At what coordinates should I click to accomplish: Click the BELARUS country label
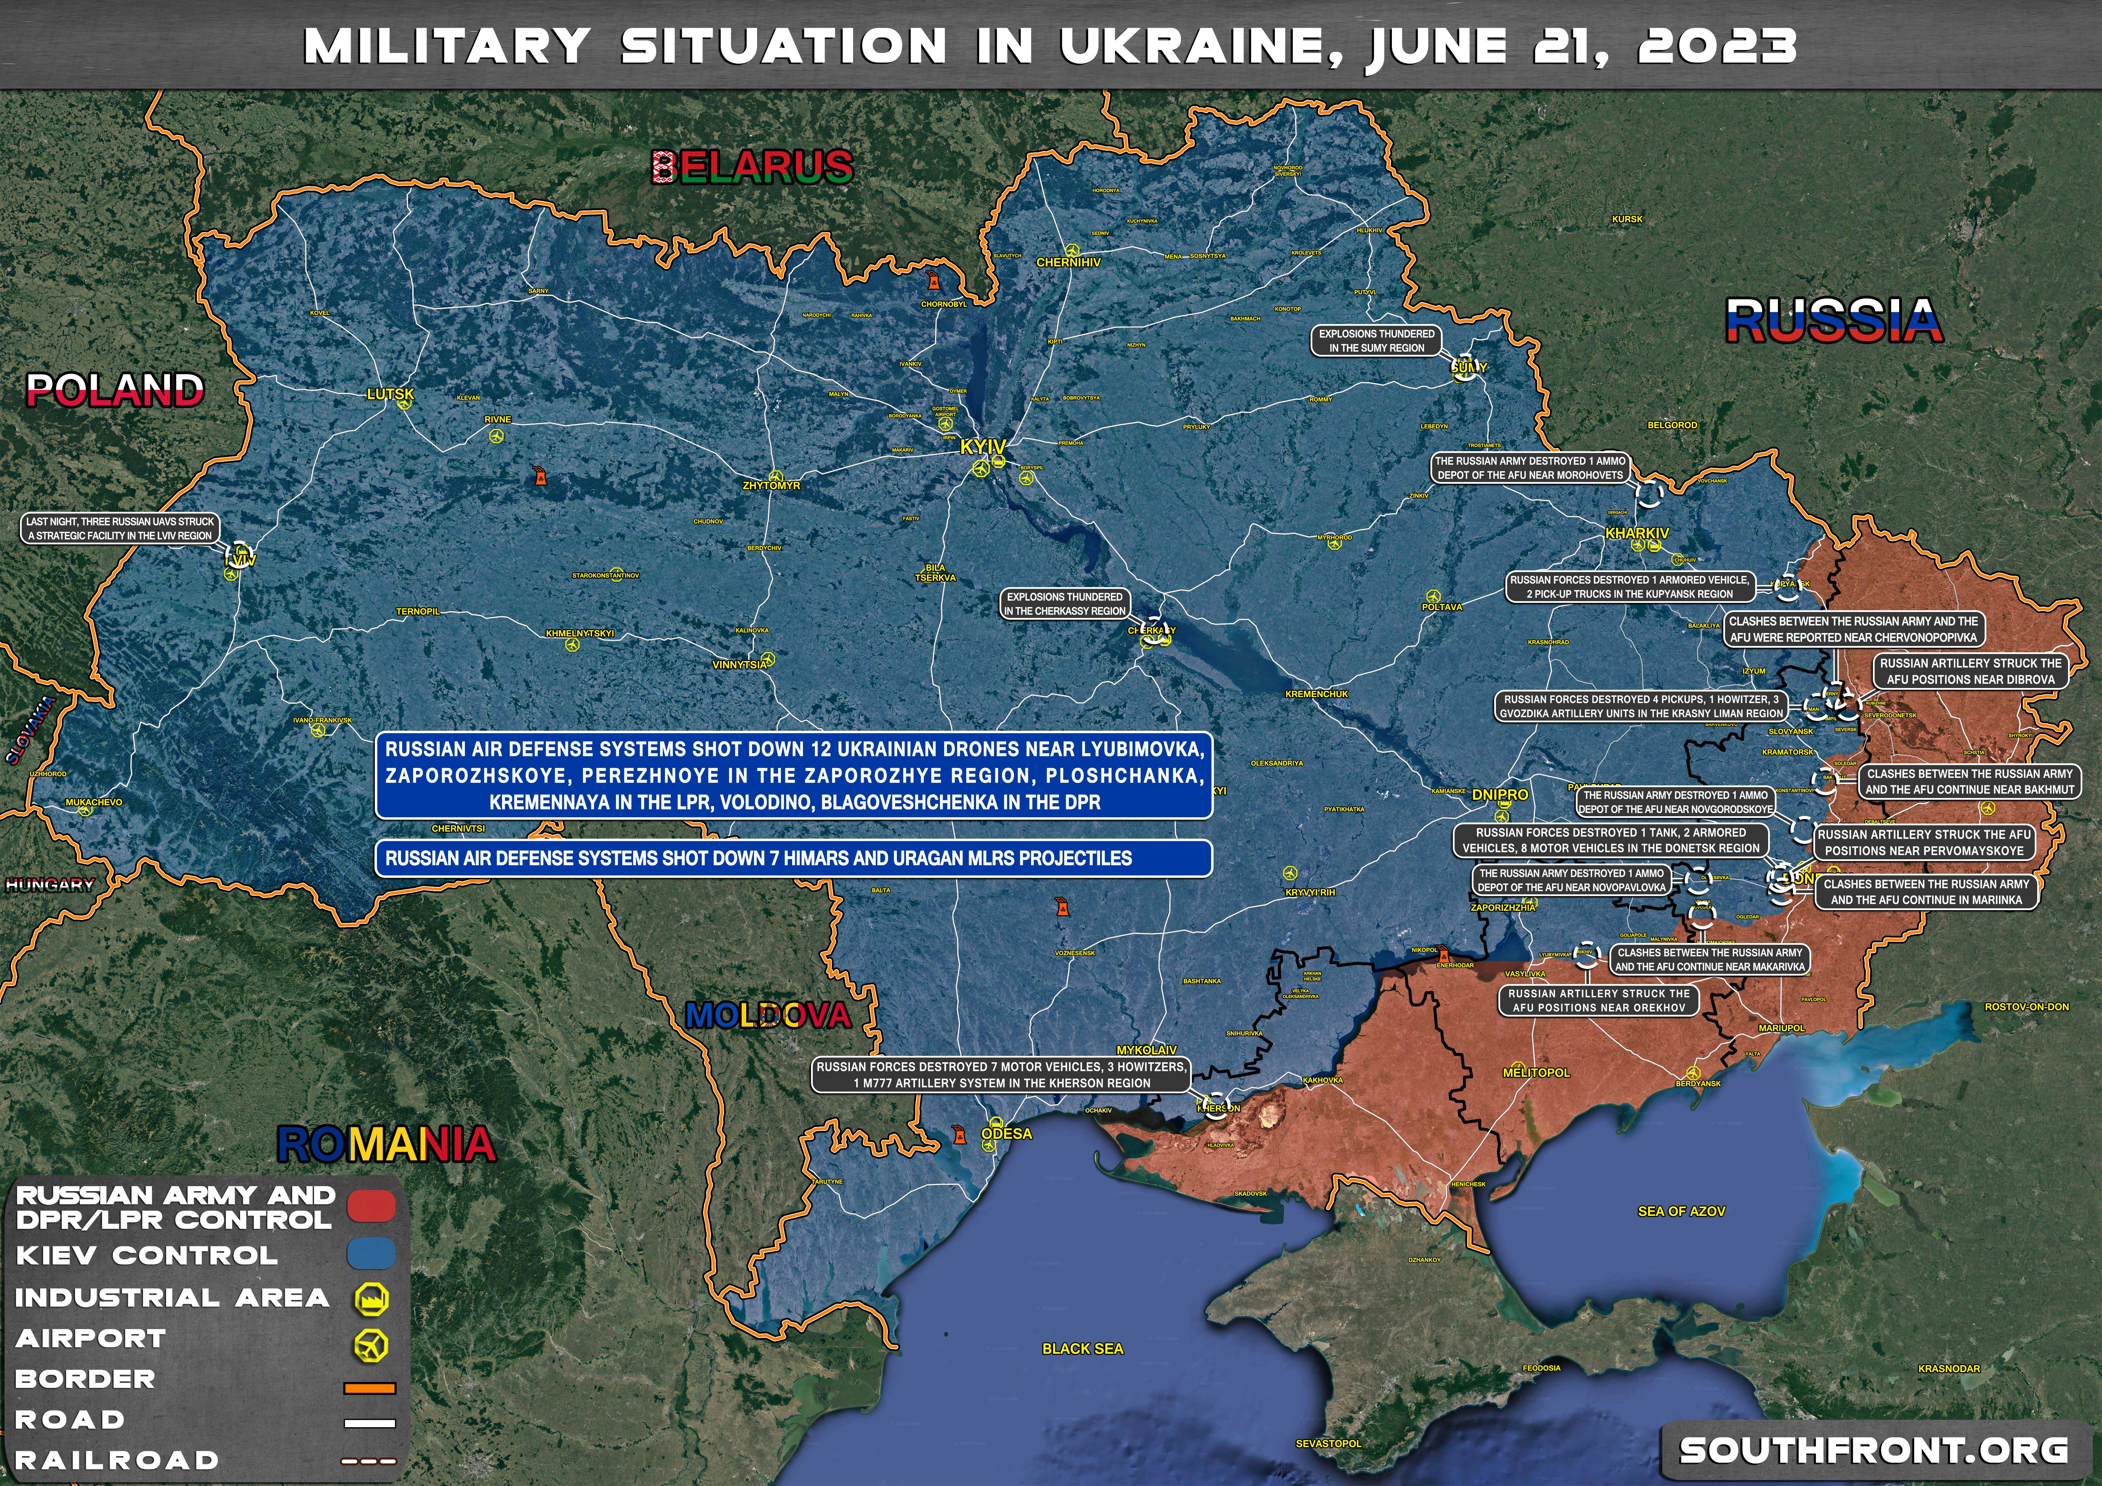(x=753, y=167)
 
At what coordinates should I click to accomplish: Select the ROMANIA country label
(x=386, y=1144)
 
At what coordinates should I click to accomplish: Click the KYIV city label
(x=982, y=447)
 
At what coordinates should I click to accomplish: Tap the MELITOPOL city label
(x=1536, y=1072)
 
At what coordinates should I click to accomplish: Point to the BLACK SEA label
(x=1082, y=1349)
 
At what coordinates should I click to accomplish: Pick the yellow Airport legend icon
(x=371, y=1345)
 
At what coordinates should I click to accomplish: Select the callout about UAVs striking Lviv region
(x=120, y=528)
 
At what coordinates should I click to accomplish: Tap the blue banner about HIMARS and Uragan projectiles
(x=793, y=858)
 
